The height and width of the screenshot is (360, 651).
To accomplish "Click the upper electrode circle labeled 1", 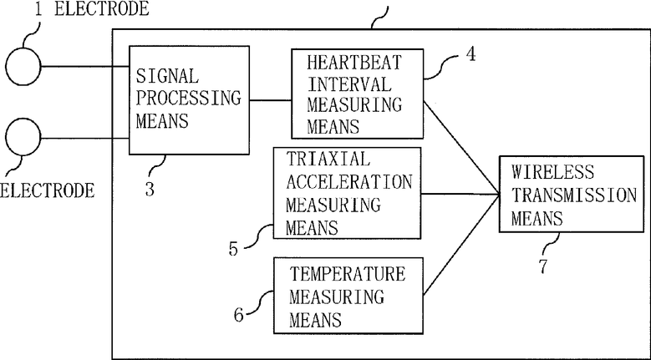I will (24, 66).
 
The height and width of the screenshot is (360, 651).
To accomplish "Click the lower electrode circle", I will (23, 136).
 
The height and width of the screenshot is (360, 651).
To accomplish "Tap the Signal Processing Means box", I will (189, 99).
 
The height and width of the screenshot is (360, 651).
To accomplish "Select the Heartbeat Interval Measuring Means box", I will (358, 92).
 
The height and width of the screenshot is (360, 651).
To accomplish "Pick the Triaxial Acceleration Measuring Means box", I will (348, 192).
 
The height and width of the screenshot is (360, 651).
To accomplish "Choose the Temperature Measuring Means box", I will (349, 296).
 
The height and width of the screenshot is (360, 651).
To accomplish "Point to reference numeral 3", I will (150, 190).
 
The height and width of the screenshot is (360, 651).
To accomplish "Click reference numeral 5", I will (234, 247).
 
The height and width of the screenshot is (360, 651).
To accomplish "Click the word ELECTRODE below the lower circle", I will (47, 190).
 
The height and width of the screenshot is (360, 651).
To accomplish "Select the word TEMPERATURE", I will (348, 274).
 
